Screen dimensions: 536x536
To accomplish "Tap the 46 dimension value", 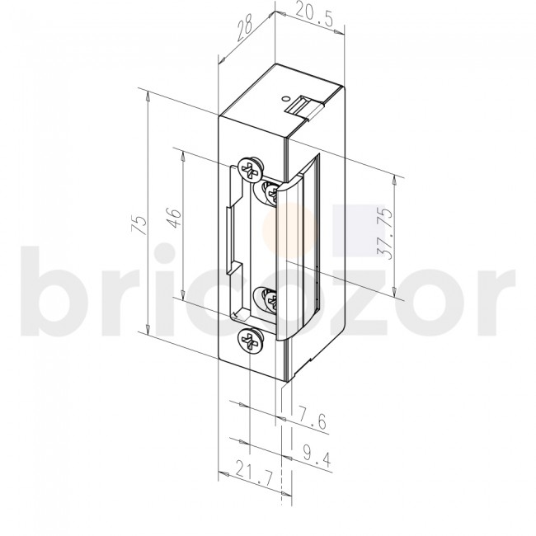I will [172, 221].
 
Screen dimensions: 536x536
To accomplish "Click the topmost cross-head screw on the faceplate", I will [248, 170].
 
